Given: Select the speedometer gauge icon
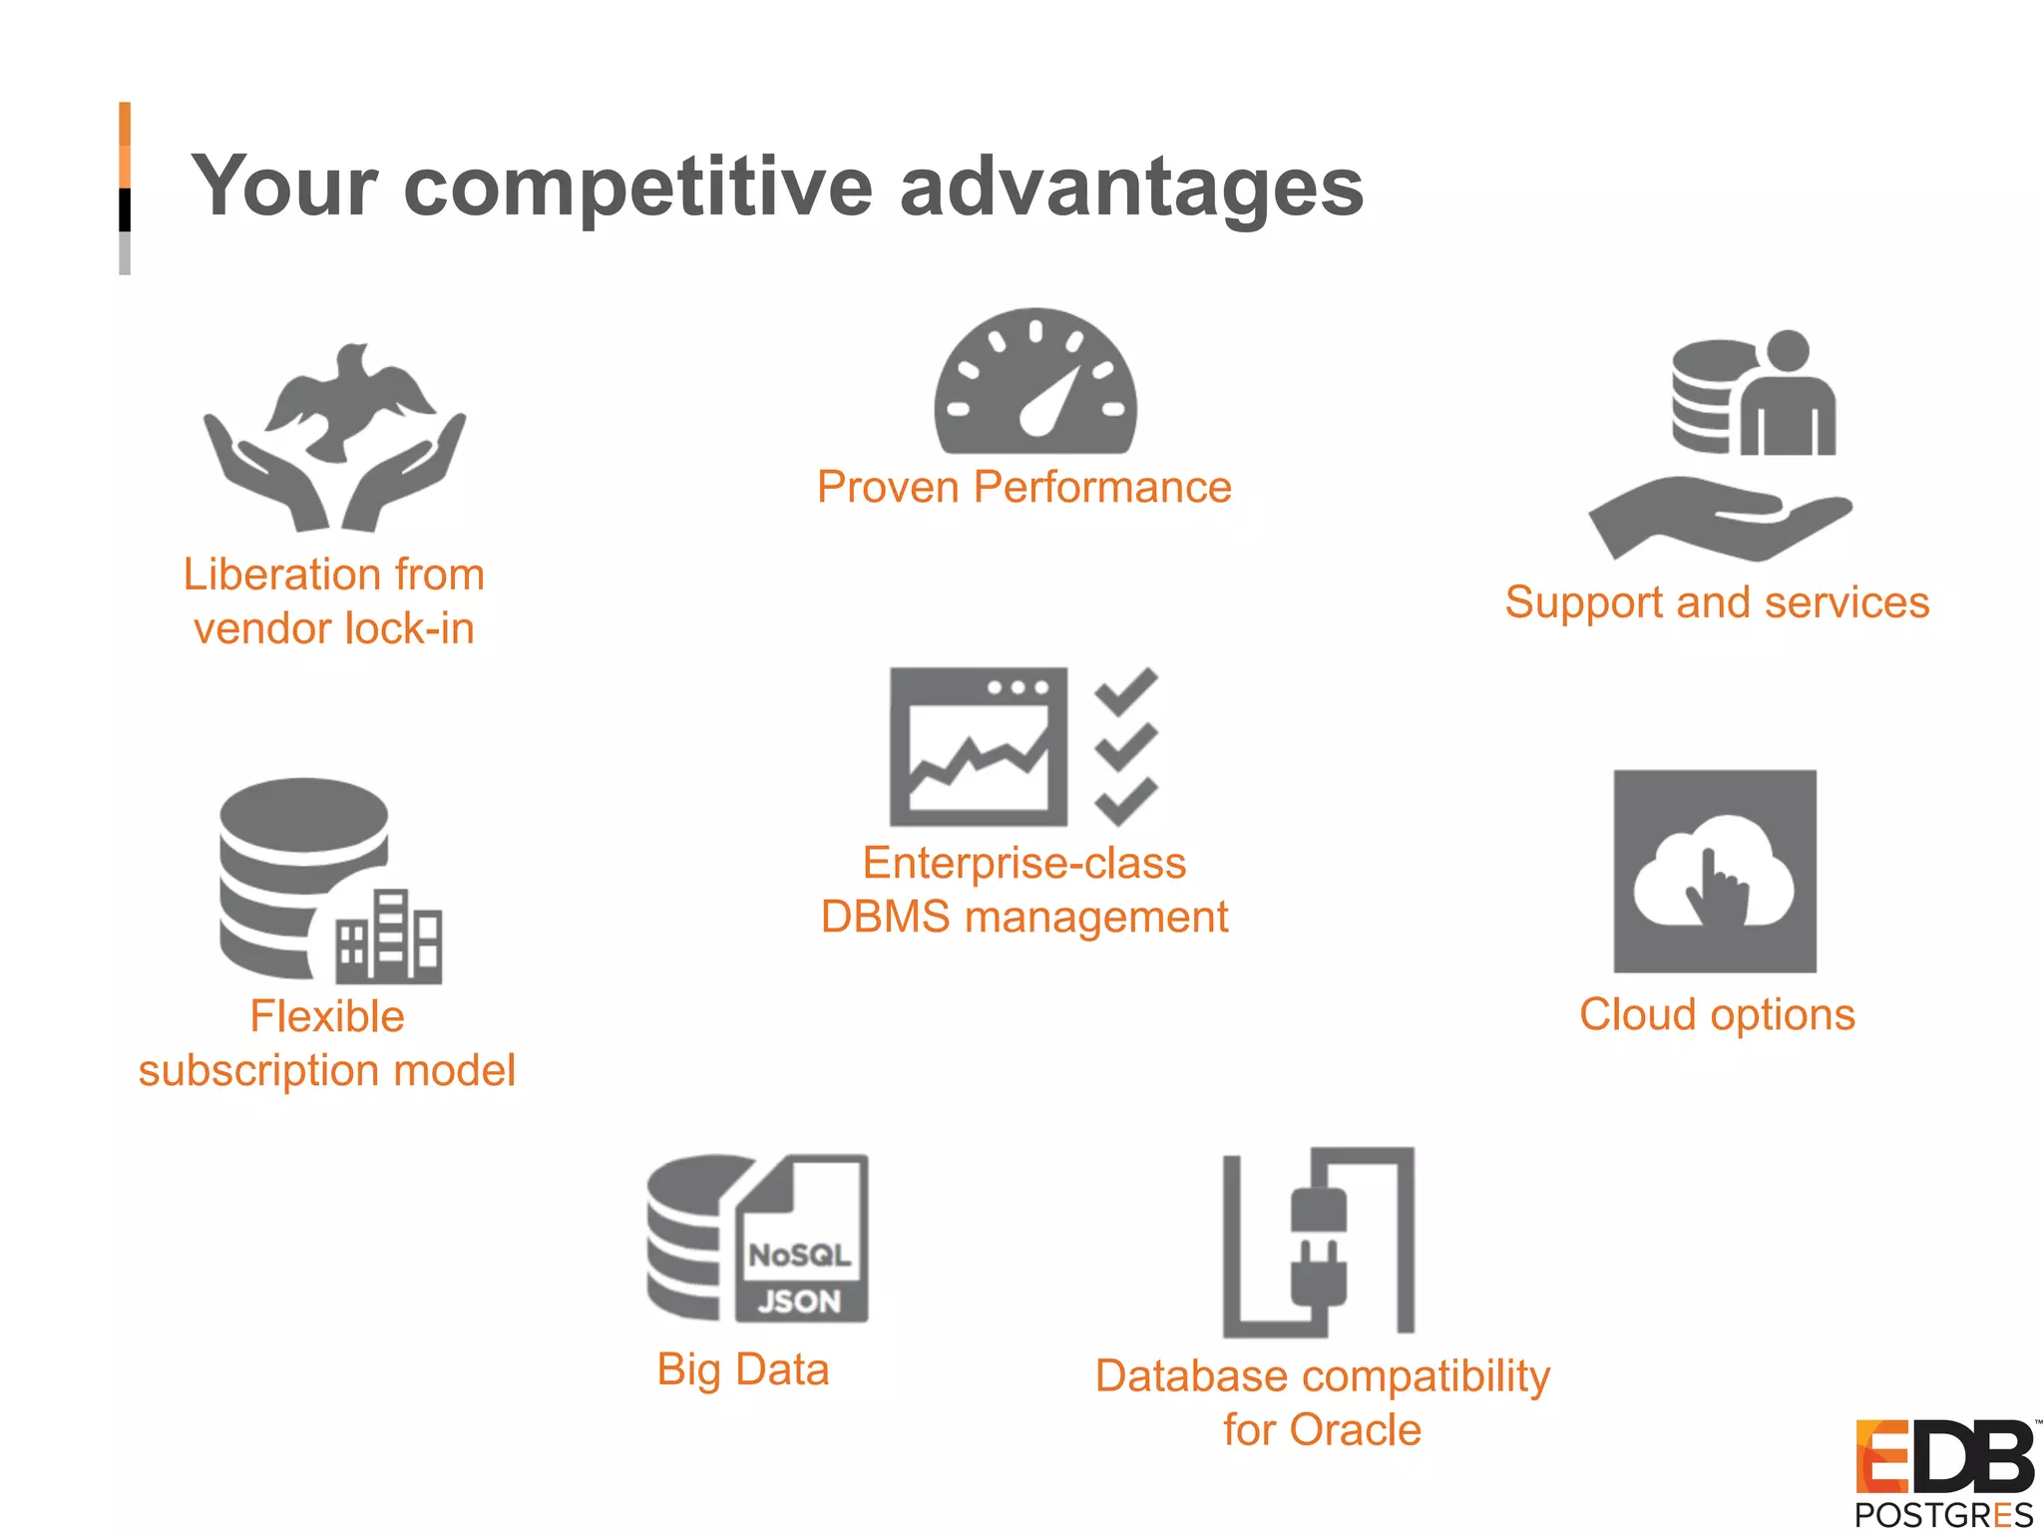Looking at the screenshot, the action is [x=1035, y=384].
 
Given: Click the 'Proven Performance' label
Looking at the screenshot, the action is [x=1023, y=488].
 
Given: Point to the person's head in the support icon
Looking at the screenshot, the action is [x=1787, y=351].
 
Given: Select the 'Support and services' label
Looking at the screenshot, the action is [x=1717, y=602].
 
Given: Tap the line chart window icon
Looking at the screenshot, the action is [x=979, y=747].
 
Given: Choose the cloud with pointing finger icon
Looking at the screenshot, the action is [x=1714, y=872].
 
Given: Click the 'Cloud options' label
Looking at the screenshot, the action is [x=1717, y=1015].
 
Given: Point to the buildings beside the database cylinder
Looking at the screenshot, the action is [x=388, y=937].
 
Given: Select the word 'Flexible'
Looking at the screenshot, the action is [x=327, y=1017].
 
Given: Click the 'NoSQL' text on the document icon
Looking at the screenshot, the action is [x=800, y=1255].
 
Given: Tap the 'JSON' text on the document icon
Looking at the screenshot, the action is [x=800, y=1301].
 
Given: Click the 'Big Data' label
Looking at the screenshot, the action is [x=743, y=1369].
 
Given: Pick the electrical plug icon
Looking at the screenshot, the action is [x=1319, y=1247].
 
